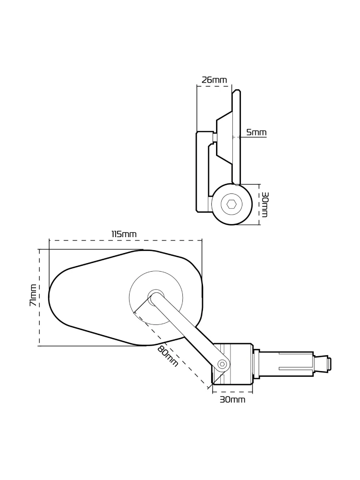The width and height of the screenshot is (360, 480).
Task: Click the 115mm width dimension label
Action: coord(124,234)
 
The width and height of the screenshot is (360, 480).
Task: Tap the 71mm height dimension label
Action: coord(33,295)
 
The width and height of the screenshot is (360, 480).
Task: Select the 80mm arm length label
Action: coord(167,356)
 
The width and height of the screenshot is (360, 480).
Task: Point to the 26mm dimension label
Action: coord(214,80)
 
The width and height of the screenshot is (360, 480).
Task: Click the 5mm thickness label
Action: coord(256,132)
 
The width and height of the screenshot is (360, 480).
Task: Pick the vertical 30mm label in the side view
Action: coord(264,204)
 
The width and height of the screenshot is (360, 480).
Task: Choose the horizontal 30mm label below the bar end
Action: coord(232,399)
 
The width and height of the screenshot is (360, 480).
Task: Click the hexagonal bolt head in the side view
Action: coord(231,204)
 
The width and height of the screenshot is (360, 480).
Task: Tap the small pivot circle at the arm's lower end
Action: coord(221,365)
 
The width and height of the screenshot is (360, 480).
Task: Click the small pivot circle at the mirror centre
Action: coord(156,296)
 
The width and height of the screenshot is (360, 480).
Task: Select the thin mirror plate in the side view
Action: coord(236,137)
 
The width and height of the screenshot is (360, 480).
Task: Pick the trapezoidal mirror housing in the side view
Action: coord(224,137)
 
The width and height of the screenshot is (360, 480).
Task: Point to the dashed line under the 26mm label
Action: coord(214,86)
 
